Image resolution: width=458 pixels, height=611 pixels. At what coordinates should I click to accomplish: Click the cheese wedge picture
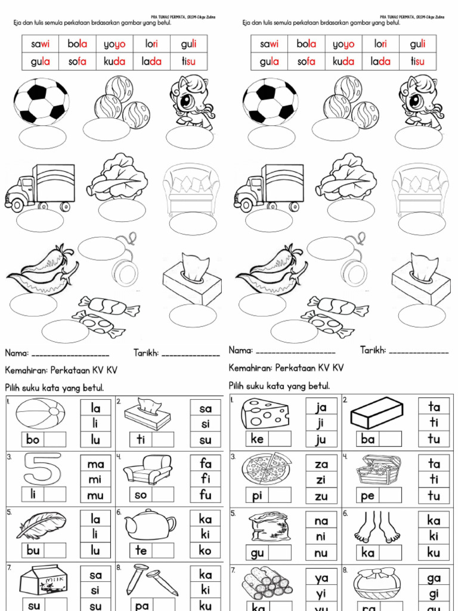(x=265, y=413)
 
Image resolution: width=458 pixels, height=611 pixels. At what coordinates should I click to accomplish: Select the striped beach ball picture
(x=40, y=413)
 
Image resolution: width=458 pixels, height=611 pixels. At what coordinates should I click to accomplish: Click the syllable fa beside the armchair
(x=206, y=462)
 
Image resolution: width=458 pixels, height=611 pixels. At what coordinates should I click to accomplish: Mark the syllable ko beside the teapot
(x=206, y=550)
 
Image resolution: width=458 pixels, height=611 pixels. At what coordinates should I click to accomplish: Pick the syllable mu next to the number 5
(x=95, y=495)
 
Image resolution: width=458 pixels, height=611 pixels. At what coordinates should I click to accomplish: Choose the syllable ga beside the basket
(x=434, y=578)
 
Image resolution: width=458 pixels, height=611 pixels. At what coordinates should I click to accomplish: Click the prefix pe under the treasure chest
(x=368, y=495)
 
